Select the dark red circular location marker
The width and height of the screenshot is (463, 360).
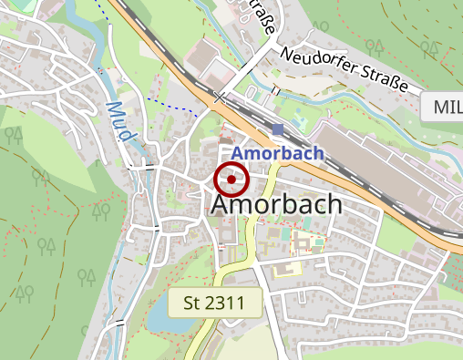point(231,180)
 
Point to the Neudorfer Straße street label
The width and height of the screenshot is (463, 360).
point(345,69)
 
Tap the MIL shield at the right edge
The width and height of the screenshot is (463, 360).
point(445,108)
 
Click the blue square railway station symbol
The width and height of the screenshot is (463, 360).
point(278,129)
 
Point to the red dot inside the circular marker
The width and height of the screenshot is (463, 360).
point(231,180)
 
